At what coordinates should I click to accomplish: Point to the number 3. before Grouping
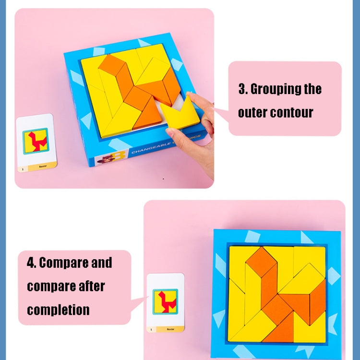click(x=243, y=89)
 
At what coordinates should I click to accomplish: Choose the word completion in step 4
click(x=58, y=310)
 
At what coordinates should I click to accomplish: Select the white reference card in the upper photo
click(x=36, y=143)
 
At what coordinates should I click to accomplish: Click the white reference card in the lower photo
click(x=165, y=303)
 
